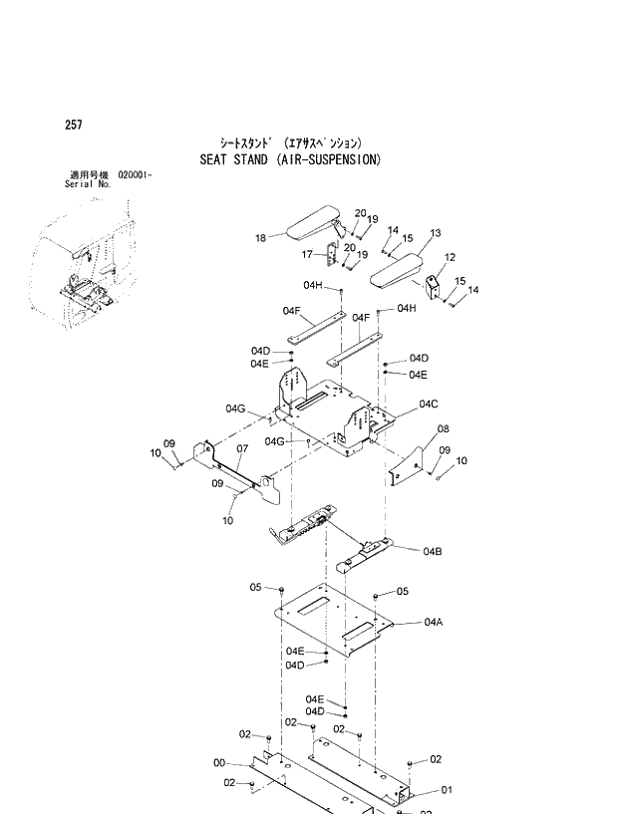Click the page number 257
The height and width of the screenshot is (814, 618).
coord(73,125)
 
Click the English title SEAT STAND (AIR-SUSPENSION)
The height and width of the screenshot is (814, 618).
coord(290,159)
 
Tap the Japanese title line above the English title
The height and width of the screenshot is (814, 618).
coord(290,143)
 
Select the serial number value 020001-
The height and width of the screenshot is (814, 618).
coord(135,175)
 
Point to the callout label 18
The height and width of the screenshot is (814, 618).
coord(260,238)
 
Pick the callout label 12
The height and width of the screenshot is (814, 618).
coord(450,257)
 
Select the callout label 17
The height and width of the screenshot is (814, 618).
coord(308,255)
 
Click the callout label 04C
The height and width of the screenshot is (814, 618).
coord(429,404)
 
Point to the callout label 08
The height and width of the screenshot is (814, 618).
coord(443,429)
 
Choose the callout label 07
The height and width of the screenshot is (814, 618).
coord(241,448)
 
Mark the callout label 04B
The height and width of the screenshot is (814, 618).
coord(433,551)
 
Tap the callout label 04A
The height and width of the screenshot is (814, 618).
coord(433,622)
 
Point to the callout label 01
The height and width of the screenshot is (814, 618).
coord(447,791)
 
